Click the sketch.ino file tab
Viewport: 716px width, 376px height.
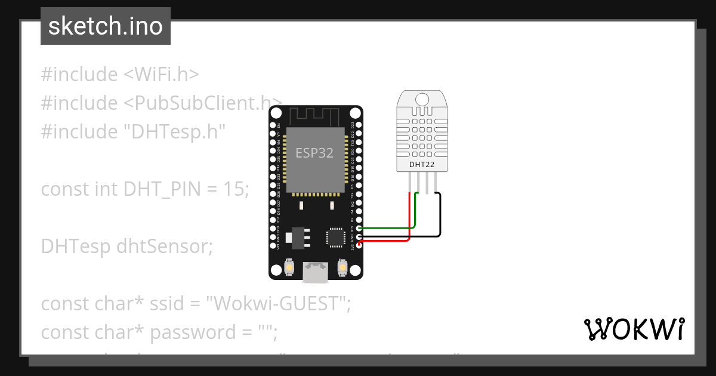[106, 27]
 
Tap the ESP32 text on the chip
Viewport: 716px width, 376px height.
[314, 152]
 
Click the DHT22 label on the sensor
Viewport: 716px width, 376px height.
[421, 164]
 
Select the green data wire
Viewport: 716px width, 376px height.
[388, 227]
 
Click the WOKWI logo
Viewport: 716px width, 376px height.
[634, 329]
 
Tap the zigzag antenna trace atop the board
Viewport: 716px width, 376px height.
[316, 114]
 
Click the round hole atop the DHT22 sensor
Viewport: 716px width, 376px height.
[422, 98]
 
